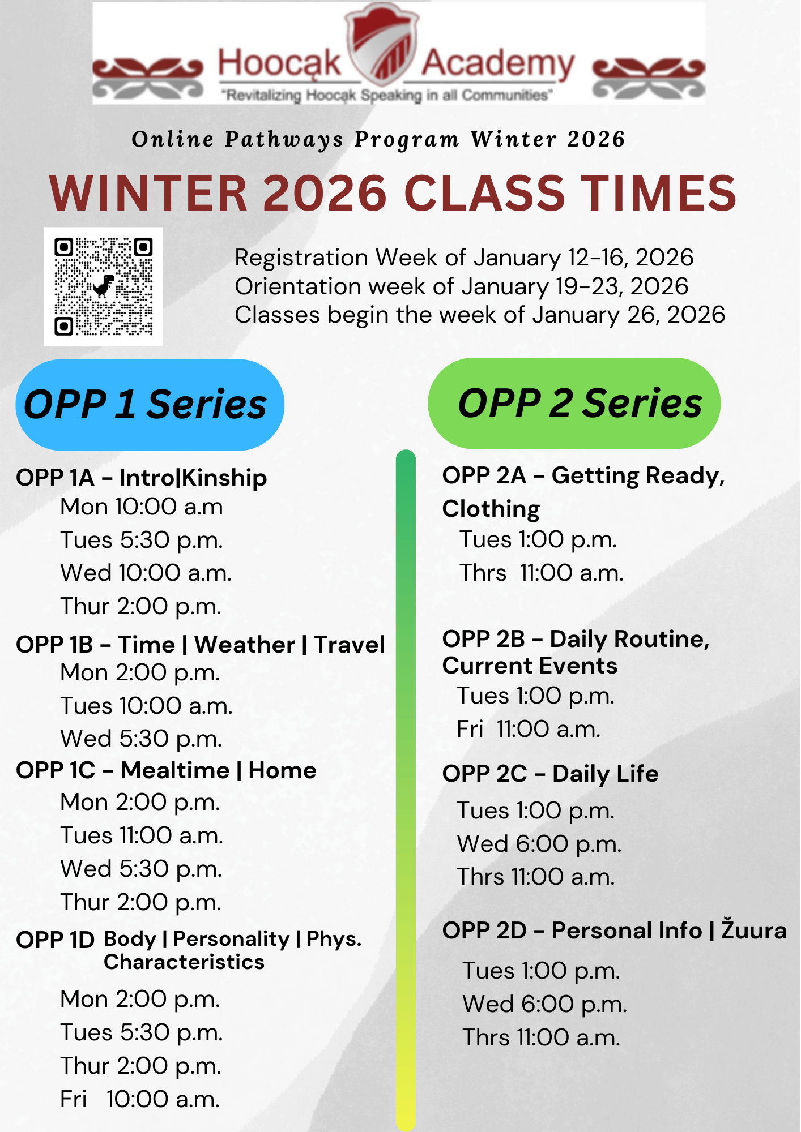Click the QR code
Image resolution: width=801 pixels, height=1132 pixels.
pos(104,287)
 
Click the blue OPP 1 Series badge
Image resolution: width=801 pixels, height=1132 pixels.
pos(150,405)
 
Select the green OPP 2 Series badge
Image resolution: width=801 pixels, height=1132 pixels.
pos(574,404)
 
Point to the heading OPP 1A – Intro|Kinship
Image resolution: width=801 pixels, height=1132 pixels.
pos(141,478)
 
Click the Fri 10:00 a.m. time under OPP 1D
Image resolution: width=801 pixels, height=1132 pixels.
pos(140,1099)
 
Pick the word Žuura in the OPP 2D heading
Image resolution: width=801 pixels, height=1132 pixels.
pos(754,930)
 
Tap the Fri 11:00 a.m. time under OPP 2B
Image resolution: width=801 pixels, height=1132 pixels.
pos(529,729)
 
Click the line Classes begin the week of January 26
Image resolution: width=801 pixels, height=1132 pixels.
pos(480,315)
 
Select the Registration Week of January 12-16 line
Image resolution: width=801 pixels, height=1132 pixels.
pos(464,258)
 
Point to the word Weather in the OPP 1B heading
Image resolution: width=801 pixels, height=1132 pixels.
pos(245,645)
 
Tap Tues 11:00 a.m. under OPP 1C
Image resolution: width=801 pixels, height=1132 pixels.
pos(142,835)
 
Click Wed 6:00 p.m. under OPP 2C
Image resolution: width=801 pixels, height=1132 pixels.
pos(539,844)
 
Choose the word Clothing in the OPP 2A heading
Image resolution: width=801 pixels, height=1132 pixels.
pos(491,509)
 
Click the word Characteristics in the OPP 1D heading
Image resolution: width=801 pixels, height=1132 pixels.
pos(184,962)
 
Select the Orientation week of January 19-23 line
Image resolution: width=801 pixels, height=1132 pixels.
pos(462,286)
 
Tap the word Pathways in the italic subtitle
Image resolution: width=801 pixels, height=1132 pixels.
pos(284,139)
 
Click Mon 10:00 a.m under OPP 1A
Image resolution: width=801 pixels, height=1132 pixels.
pos(142,507)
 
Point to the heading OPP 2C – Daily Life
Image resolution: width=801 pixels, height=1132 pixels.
pos(550,774)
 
